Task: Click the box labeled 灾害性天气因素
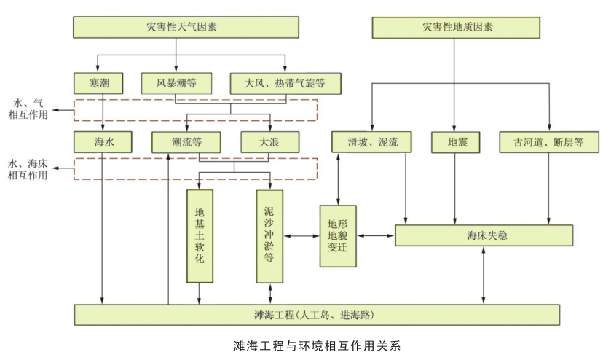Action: pyautogui.click(x=186, y=28)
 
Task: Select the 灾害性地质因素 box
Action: pyautogui.click(x=457, y=28)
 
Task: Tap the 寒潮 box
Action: pyautogui.click(x=99, y=82)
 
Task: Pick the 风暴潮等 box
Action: pyautogui.click(x=176, y=82)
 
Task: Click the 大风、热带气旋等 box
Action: pyautogui.click(x=285, y=82)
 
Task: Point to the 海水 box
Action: pyautogui.click(x=103, y=142)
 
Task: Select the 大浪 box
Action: pyautogui.click(x=269, y=142)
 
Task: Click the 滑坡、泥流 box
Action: pyautogui.click(x=371, y=142)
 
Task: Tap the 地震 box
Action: pyautogui.click(x=456, y=142)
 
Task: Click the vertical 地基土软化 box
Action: pyautogui.click(x=200, y=235)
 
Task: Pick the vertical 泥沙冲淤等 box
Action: pyautogui.click(x=269, y=235)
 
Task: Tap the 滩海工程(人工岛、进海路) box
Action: pyautogui.click(x=318, y=315)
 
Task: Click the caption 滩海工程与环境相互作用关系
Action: pyautogui.click(x=318, y=345)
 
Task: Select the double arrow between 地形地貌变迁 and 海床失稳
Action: pyautogui.click(x=375, y=235)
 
